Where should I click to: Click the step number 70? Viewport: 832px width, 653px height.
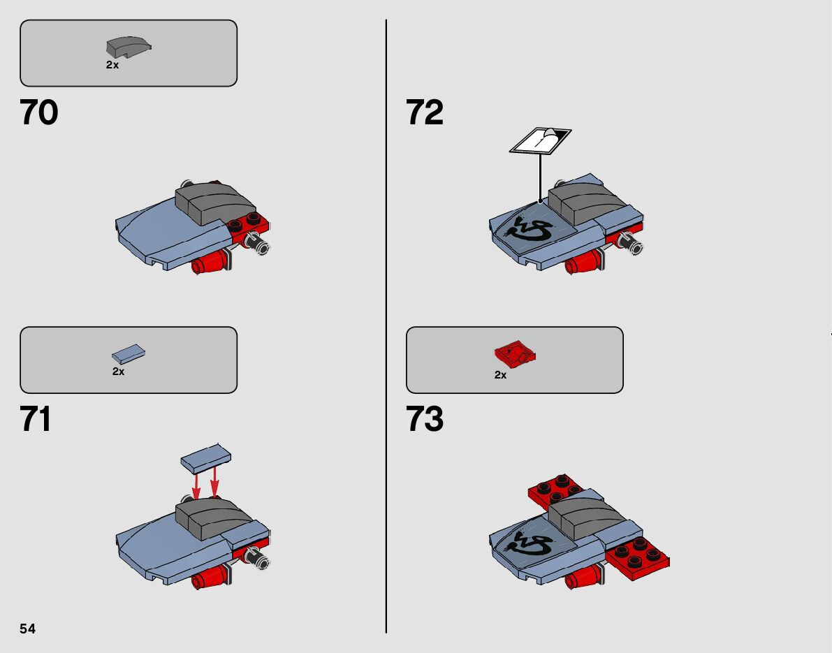(x=39, y=112)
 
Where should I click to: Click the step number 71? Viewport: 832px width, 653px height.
(x=36, y=420)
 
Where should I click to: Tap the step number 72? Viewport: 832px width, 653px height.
(x=425, y=112)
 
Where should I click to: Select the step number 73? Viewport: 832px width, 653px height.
(x=425, y=420)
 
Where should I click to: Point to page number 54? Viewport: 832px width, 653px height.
(x=27, y=629)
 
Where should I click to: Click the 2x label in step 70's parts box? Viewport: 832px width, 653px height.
(x=112, y=65)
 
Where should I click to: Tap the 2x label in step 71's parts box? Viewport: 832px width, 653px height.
(x=118, y=372)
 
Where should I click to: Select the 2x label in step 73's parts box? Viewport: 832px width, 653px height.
(x=500, y=375)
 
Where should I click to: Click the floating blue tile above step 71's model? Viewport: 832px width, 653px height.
(x=206, y=457)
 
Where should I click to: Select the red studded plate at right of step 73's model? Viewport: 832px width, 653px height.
(x=638, y=557)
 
